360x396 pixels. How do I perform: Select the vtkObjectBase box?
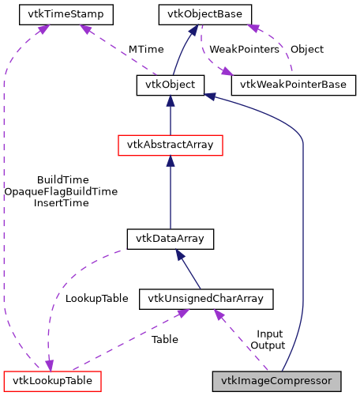pyautogui.click(x=205, y=13)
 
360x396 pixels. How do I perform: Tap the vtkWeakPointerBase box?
pyautogui.click(x=293, y=84)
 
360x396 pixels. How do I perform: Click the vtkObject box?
pyautogui.click(x=171, y=84)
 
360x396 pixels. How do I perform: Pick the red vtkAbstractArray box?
pyautogui.click(x=171, y=145)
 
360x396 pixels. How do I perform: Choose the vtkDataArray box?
pyautogui.click(x=171, y=238)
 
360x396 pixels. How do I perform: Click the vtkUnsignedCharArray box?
pyautogui.click(x=206, y=298)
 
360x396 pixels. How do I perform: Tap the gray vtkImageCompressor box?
pyautogui.click(x=277, y=380)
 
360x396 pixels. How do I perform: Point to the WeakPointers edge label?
pyautogui.click(x=244, y=49)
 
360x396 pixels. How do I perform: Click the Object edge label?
pyautogui.click(x=306, y=49)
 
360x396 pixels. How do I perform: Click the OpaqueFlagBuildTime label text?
pyautogui.click(x=62, y=191)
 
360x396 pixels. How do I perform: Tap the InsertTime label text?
pyautogui.click(x=62, y=203)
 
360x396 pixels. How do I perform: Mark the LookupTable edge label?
pyautogui.click(x=96, y=299)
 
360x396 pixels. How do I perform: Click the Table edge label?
pyautogui.click(x=164, y=339)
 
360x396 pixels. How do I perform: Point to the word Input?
pyautogui.click(x=270, y=334)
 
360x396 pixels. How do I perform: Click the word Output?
pyautogui.click(x=268, y=345)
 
